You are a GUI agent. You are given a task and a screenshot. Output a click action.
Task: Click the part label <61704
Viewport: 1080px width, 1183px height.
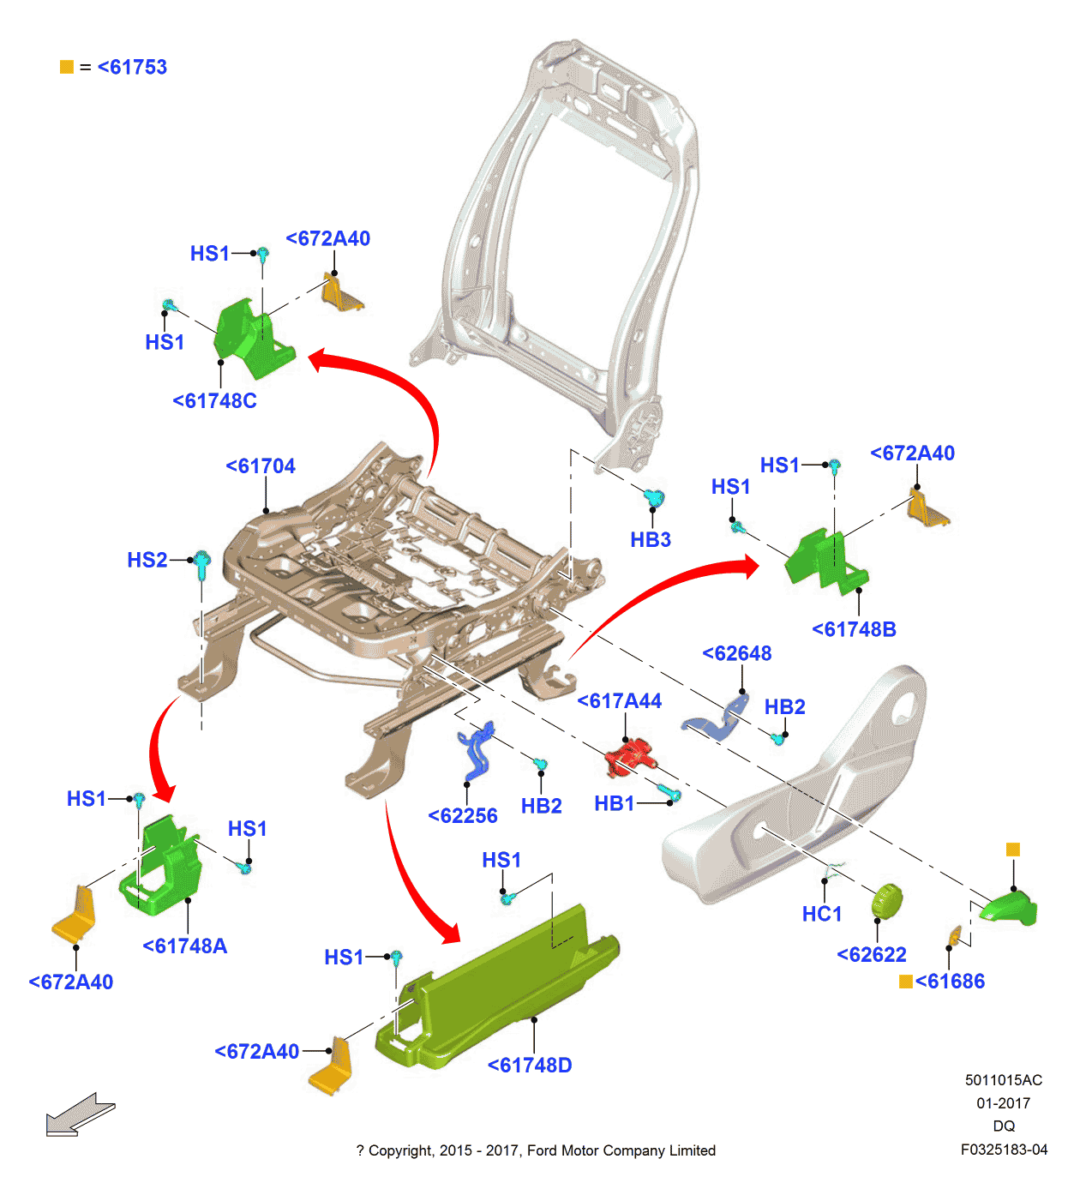point(261,466)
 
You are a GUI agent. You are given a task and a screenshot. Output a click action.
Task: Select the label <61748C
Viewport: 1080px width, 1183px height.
point(214,401)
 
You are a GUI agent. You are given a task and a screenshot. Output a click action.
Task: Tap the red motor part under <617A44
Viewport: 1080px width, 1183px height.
point(630,757)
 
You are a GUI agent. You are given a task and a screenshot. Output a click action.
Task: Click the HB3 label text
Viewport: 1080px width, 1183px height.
point(651,540)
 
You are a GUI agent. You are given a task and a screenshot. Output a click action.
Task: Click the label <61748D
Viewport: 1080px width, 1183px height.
point(530,1066)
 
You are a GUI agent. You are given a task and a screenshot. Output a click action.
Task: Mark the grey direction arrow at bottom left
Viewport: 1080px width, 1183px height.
point(79,1114)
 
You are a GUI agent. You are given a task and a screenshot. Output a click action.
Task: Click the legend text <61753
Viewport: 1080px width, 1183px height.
point(132,68)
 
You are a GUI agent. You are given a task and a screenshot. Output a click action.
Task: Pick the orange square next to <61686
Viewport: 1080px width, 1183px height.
point(906,982)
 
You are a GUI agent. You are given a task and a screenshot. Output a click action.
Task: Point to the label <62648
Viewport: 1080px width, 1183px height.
point(737,653)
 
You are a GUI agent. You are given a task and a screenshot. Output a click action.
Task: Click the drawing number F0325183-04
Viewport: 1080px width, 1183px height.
point(1004,1150)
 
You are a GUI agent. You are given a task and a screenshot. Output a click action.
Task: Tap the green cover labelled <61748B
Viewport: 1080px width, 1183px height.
point(825,561)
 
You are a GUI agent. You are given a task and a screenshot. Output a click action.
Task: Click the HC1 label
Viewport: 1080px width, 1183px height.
point(822,915)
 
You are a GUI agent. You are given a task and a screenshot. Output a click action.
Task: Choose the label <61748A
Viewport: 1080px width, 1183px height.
point(185,946)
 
